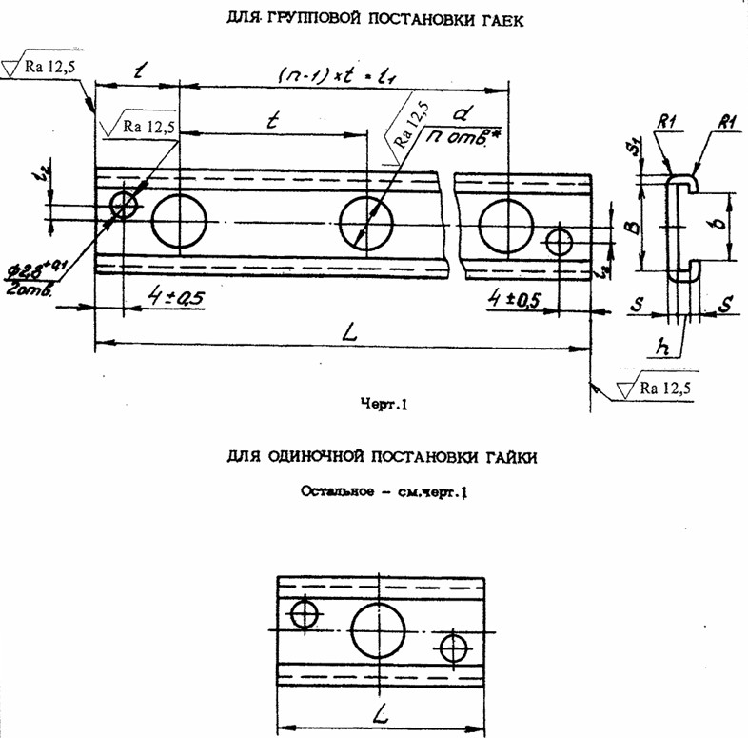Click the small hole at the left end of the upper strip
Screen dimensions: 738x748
click(x=124, y=204)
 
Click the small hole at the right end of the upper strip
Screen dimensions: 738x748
click(x=559, y=241)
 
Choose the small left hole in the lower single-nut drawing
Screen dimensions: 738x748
click(x=305, y=614)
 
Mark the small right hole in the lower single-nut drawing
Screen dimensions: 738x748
click(x=453, y=649)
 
